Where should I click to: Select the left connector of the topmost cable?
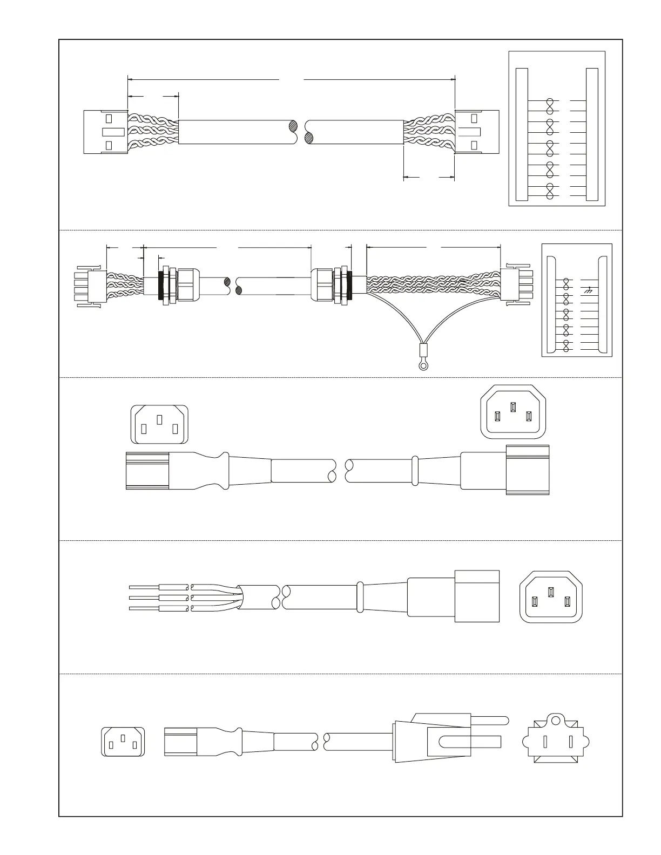[x=106, y=132]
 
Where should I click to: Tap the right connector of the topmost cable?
[x=477, y=131]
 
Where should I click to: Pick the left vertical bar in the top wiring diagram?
[x=522, y=134]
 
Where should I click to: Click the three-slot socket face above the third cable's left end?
[x=159, y=424]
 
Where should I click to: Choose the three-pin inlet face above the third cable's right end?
[x=513, y=412]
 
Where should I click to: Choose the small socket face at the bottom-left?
[x=123, y=742]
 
